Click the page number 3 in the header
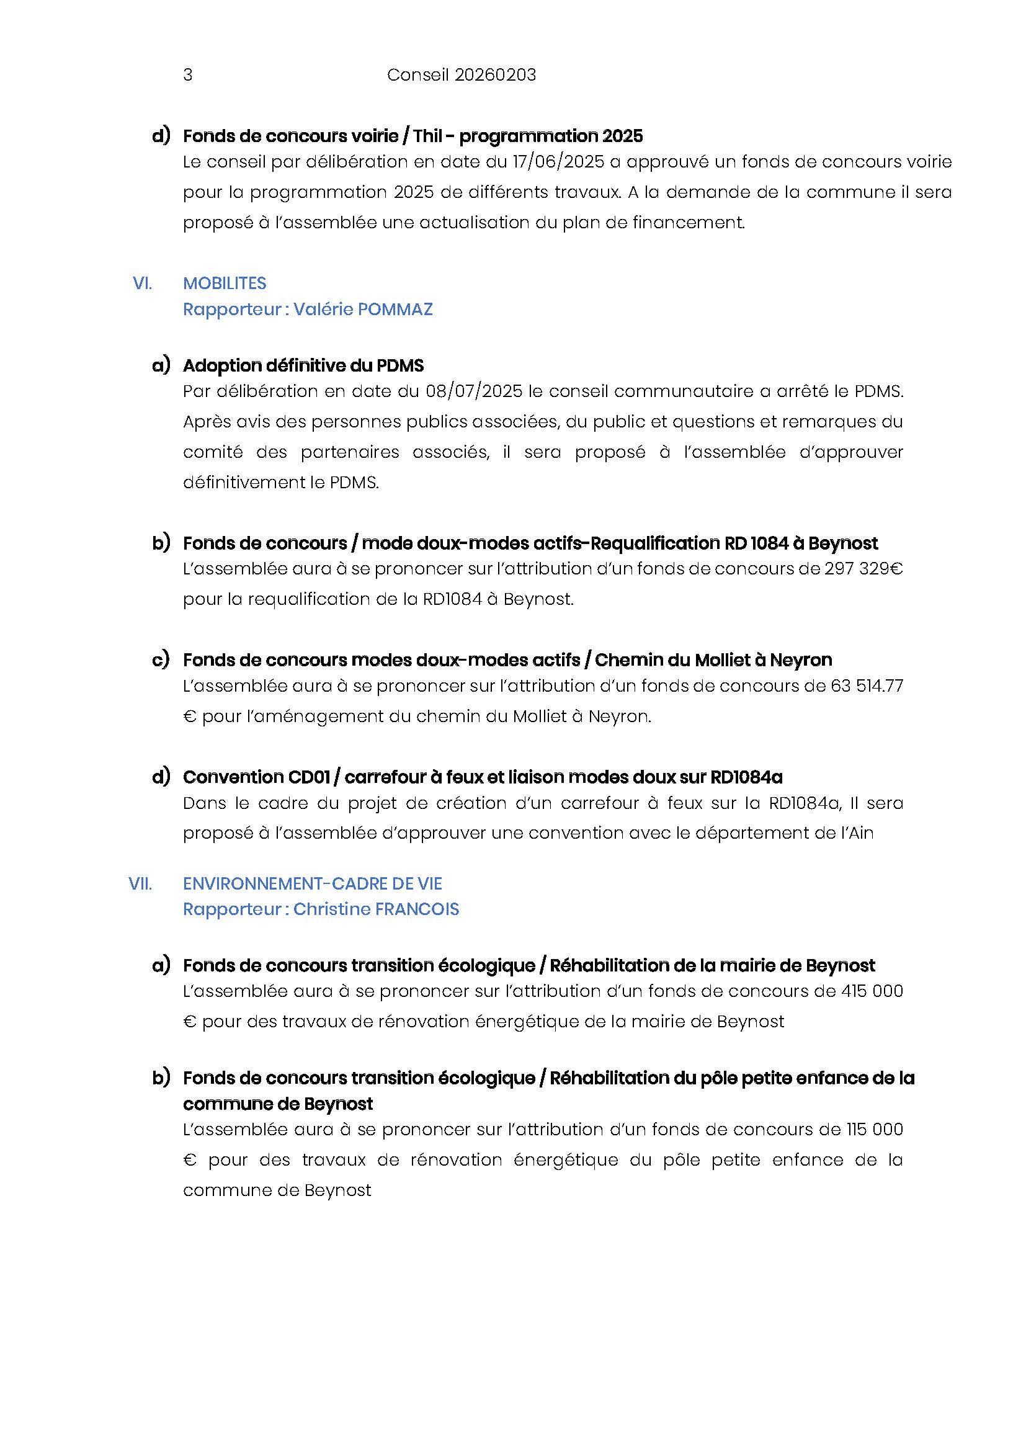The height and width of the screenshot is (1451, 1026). (187, 75)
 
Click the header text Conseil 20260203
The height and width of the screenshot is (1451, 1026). (461, 75)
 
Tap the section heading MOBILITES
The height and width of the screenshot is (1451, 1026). (225, 283)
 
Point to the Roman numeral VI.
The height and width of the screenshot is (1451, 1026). (142, 283)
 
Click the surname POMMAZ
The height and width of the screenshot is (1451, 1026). (395, 309)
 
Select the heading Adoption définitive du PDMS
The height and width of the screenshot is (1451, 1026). (303, 365)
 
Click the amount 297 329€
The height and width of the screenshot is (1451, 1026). (863, 569)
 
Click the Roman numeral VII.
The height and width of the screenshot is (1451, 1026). (140, 883)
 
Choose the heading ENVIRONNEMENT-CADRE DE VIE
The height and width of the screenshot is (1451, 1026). (312, 883)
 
